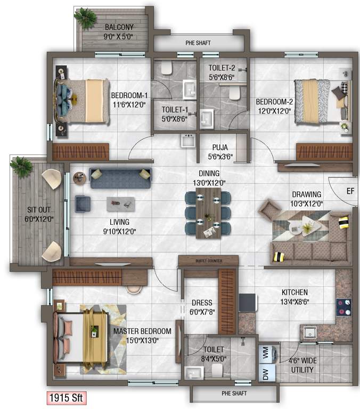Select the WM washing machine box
click(x=266, y=352)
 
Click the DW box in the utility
click(x=266, y=374)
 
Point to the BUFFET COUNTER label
click(x=208, y=260)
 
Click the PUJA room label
click(x=220, y=148)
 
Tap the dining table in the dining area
click(x=208, y=212)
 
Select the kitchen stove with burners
click(x=343, y=308)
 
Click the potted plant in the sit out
click(x=21, y=166)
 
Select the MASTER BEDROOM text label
click(x=142, y=331)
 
